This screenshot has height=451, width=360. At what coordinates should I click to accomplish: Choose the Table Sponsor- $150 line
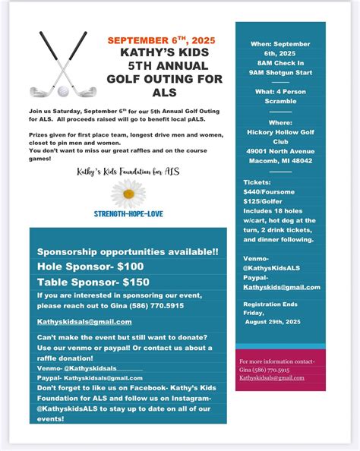93,282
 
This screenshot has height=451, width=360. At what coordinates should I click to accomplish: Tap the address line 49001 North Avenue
280,150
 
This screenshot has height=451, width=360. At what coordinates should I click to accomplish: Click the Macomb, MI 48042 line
280,159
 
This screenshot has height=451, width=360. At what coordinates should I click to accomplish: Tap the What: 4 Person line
280,91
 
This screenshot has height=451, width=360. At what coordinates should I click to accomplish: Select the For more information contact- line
277,361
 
